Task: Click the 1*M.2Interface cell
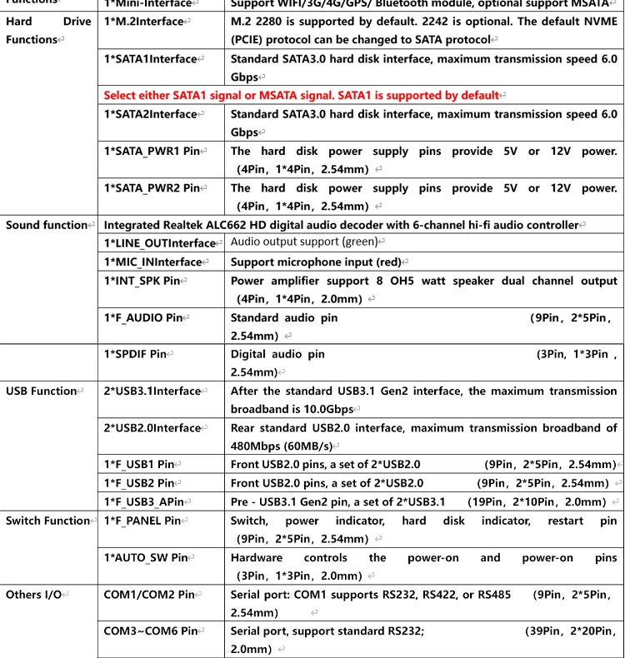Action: pyautogui.click(x=143, y=22)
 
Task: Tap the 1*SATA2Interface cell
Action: pyautogui.click(x=150, y=114)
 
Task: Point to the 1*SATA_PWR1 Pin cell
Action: pyautogui.click(x=152, y=151)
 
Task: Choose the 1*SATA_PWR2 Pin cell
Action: pyautogui.click(x=152, y=187)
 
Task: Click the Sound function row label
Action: pyautogui.click(x=47, y=225)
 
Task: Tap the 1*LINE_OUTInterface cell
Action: pyautogui.click(x=159, y=243)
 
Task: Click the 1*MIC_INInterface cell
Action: pyautogui.click(x=153, y=262)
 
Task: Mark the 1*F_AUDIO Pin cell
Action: pyautogui.click(x=143, y=317)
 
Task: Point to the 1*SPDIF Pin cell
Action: pyautogui.click(x=136, y=354)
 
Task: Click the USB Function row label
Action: pyautogui.click(x=42, y=391)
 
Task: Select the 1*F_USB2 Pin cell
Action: pyautogui.click(x=138, y=482)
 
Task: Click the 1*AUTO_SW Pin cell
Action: pyautogui.click(x=146, y=557)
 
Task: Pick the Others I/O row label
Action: pyautogui.click(x=34, y=595)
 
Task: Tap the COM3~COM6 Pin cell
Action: pyautogui.click(x=150, y=631)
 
